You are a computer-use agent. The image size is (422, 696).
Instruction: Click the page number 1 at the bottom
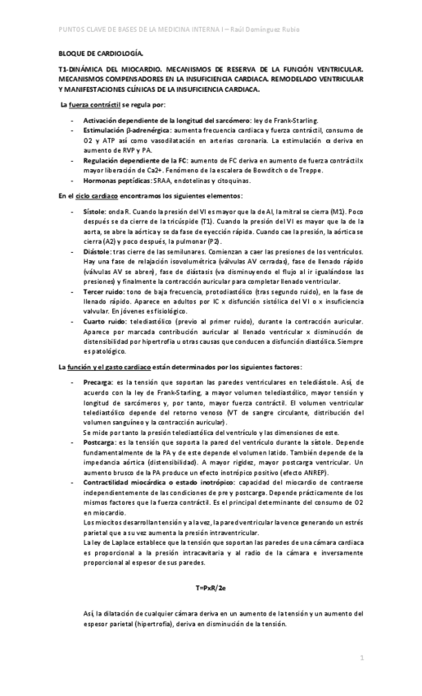click(x=361, y=659)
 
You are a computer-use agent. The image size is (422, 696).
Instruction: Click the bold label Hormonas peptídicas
click(x=116, y=180)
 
